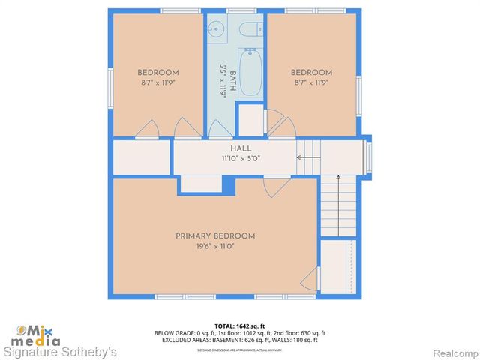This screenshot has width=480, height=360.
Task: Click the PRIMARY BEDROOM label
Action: [x=215, y=235]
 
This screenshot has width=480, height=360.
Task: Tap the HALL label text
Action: [x=240, y=149]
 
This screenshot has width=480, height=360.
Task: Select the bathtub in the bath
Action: [x=250, y=72]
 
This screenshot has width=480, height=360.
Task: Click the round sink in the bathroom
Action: [x=217, y=31]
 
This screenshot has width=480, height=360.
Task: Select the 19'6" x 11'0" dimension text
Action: [x=215, y=246]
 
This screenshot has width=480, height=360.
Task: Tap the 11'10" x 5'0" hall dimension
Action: [x=240, y=159]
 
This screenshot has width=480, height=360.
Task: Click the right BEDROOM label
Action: [x=311, y=73]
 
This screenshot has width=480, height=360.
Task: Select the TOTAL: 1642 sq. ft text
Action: [x=240, y=325]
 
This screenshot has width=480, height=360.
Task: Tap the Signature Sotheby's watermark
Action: [x=61, y=351]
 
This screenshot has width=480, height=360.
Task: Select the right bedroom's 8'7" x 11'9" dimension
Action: [x=311, y=82]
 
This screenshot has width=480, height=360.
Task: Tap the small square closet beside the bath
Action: [x=250, y=120]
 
